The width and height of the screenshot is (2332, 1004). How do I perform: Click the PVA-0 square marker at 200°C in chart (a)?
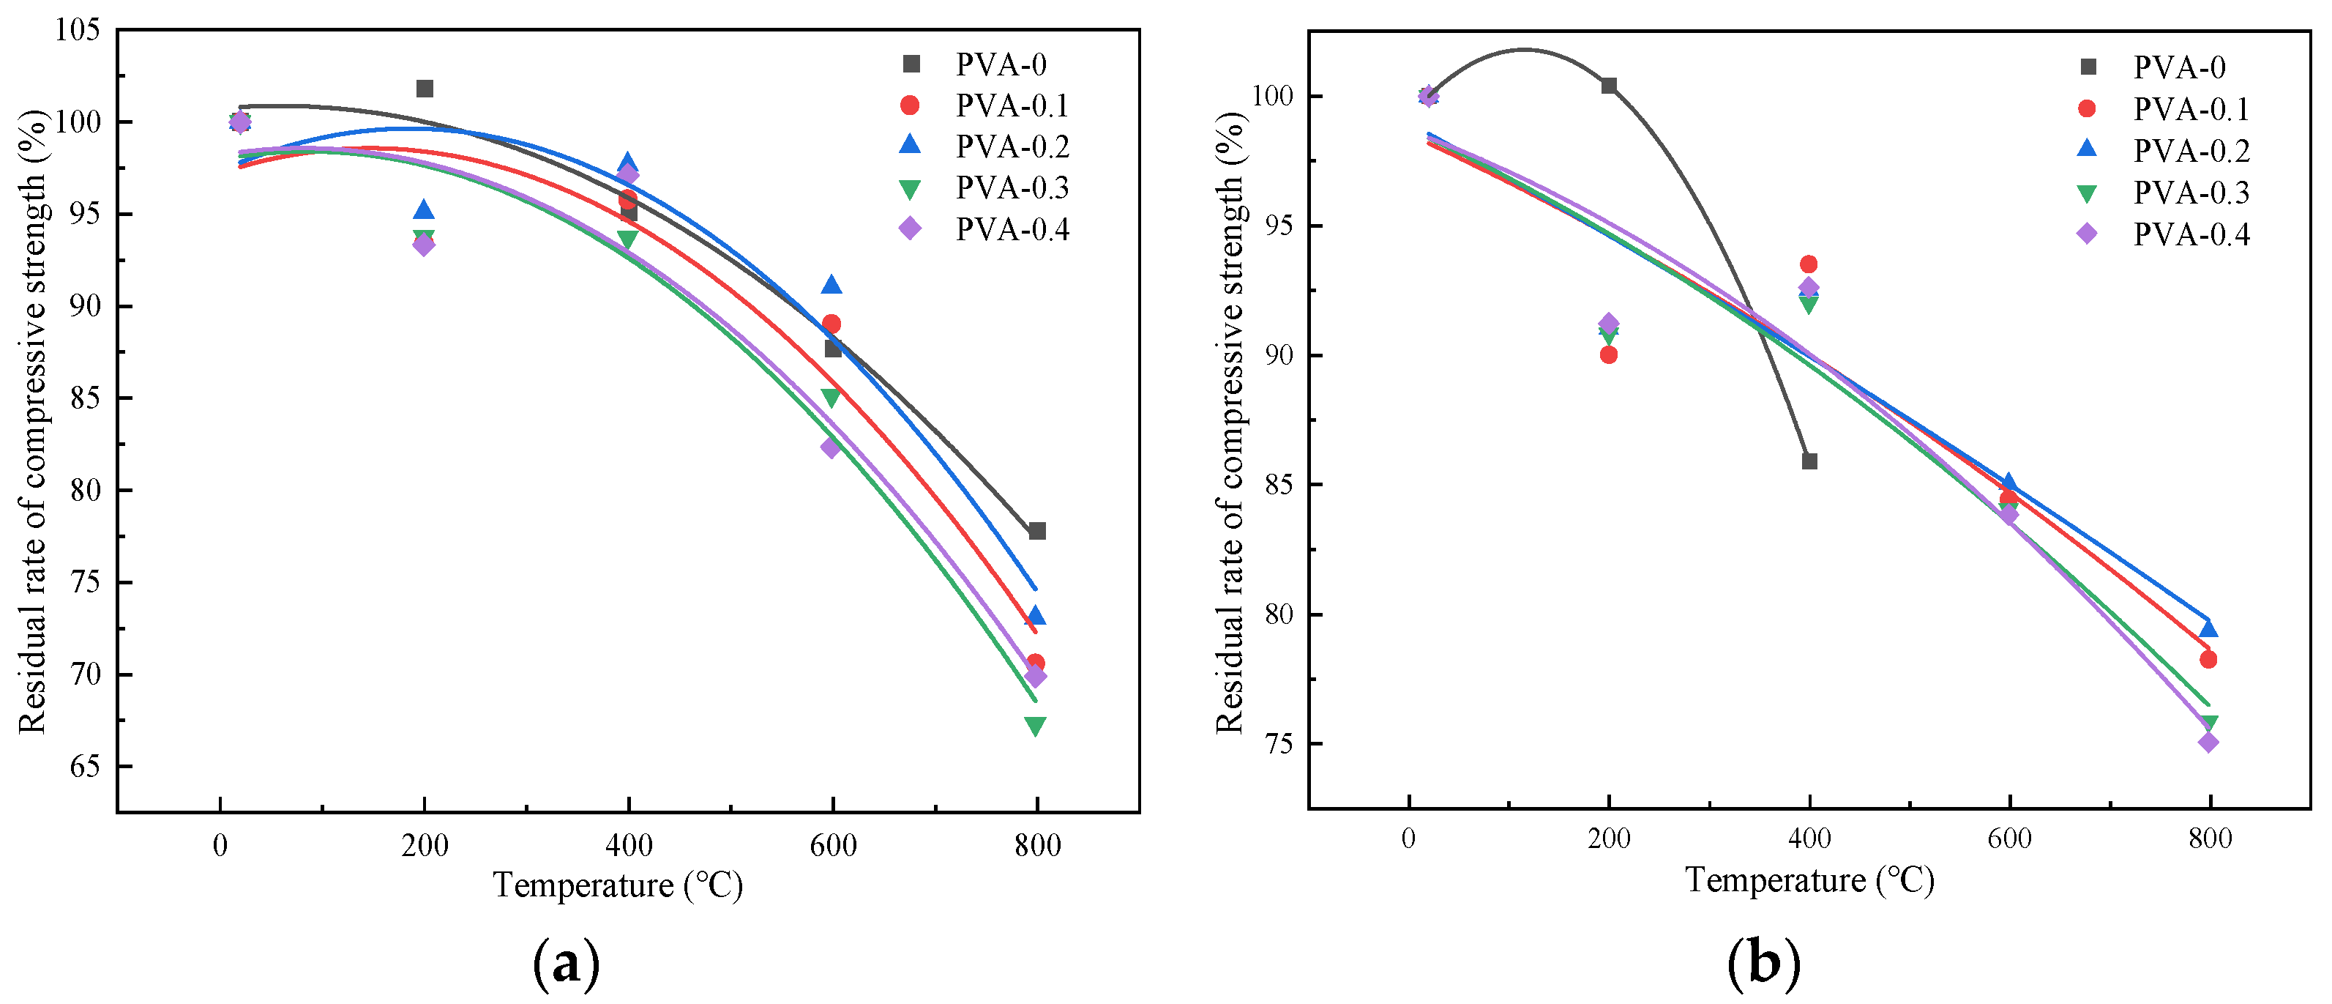tap(425, 89)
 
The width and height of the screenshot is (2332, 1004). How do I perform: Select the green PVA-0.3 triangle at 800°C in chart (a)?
tap(1036, 726)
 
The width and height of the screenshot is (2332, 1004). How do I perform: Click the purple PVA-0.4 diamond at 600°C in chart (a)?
tap(831, 447)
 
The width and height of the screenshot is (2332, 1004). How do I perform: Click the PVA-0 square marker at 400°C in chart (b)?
tap(1809, 461)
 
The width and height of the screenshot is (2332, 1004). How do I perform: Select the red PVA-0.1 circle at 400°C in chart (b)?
tap(1809, 264)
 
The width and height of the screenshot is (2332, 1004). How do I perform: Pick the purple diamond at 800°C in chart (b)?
tap(2209, 743)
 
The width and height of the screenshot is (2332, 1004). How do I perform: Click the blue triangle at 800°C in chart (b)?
tap(2209, 629)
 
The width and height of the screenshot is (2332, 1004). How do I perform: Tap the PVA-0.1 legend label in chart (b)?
tap(2191, 110)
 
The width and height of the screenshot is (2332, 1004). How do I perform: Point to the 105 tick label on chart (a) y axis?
tap(77, 30)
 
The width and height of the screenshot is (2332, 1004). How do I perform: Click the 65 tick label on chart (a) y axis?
tap(84, 767)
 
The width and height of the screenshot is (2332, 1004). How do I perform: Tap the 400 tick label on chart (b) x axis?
tap(1809, 839)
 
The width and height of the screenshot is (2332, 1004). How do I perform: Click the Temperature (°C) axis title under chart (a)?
tap(617, 885)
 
